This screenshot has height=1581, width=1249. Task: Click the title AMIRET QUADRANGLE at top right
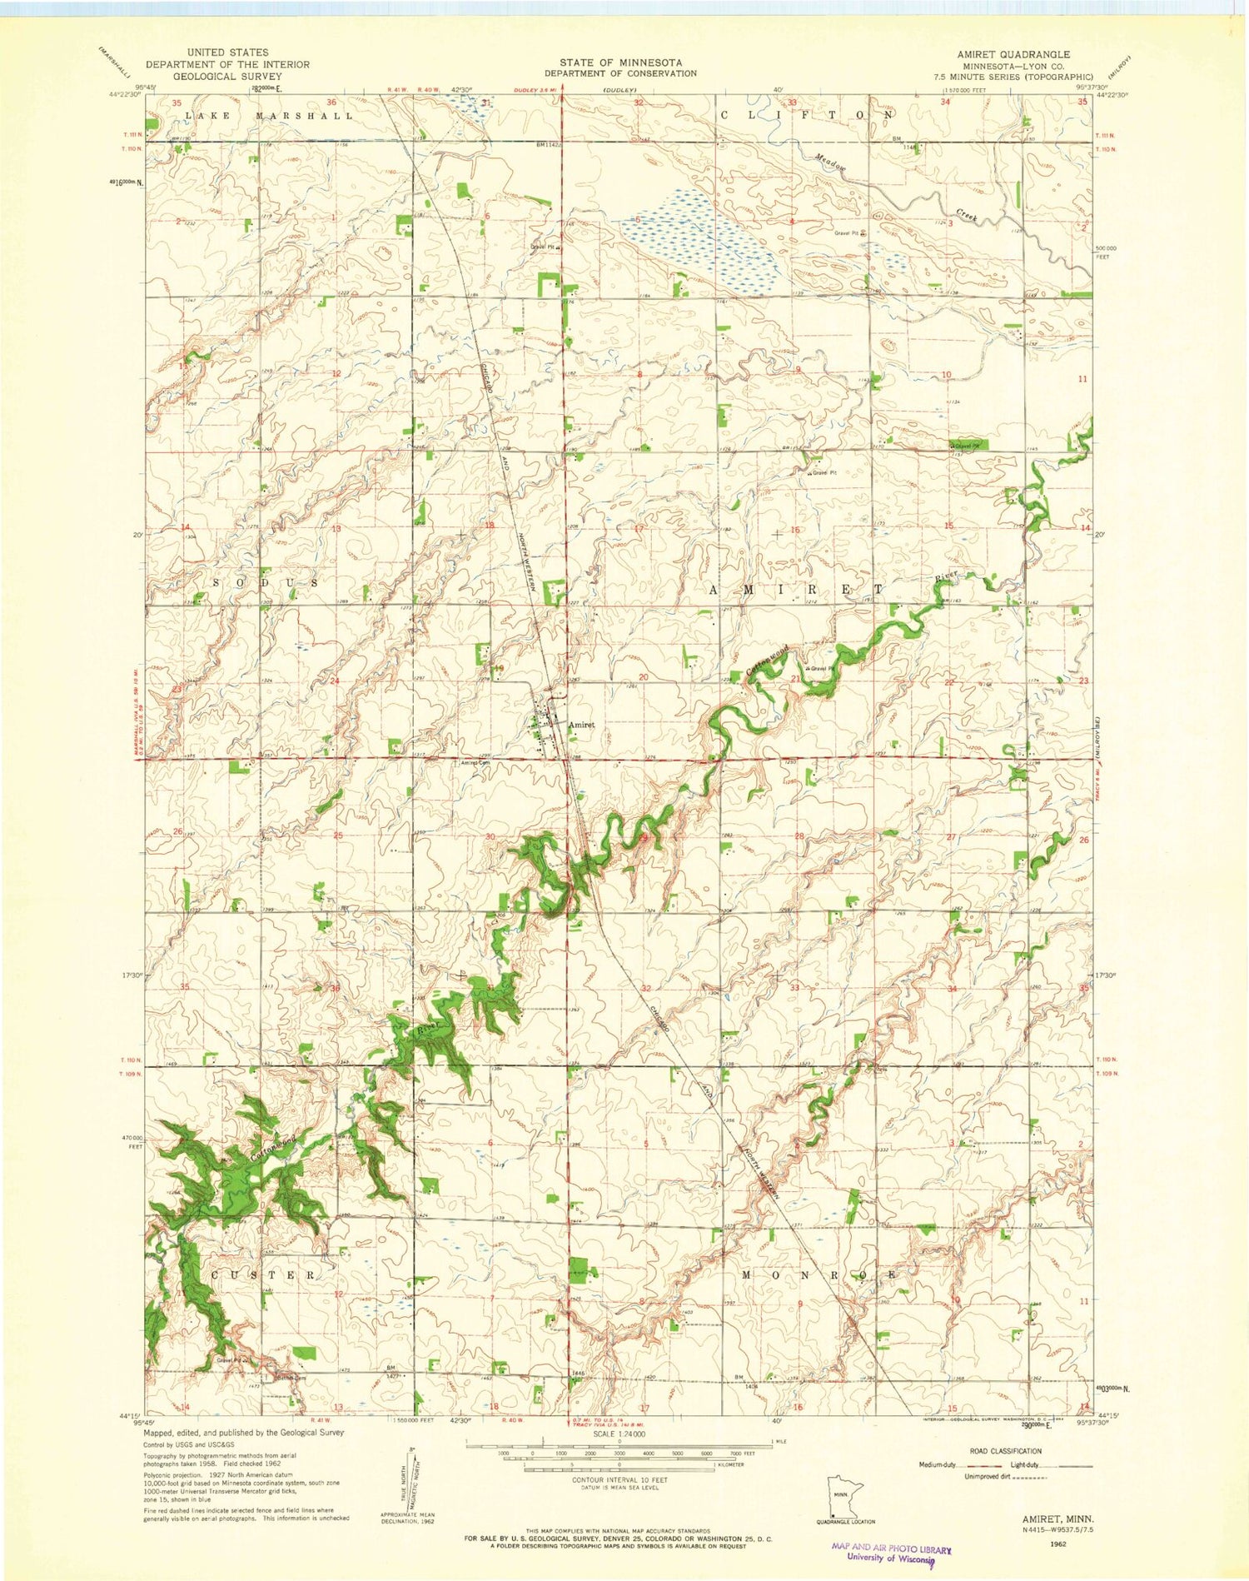[1013, 53]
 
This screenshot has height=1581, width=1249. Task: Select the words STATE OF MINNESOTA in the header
[621, 62]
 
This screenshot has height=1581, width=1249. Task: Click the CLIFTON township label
[806, 113]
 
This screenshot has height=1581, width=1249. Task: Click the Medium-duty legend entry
[938, 1464]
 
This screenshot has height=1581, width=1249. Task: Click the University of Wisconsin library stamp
[890, 1552]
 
